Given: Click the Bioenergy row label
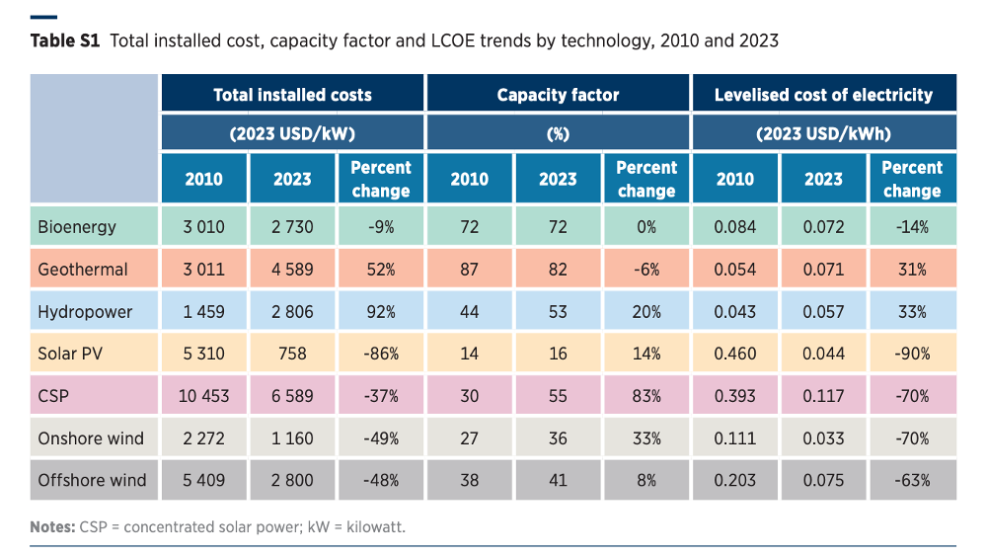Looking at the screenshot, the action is [x=77, y=227].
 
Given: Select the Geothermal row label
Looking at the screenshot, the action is [x=83, y=270].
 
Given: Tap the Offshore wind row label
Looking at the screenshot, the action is [x=92, y=480].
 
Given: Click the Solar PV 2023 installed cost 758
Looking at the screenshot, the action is [x=293, y=354].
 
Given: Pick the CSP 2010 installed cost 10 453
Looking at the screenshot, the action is [x=204, y=396].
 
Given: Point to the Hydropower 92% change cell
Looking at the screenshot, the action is [x=381, y=312].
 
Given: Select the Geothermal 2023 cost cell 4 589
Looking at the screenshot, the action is [x=293, y=270].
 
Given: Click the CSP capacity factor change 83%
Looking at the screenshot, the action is [x=646, y=396].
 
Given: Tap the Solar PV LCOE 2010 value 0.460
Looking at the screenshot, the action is [x=735, y=354].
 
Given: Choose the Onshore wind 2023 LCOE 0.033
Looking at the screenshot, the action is [x=823, y=438].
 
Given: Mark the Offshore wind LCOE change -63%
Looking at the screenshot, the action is [x=912, y=480].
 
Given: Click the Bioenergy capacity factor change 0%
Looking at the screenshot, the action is [x=646, y=227].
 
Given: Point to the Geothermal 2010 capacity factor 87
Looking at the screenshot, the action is [x=470, y=270].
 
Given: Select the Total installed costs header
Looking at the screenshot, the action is [x=293, y=95].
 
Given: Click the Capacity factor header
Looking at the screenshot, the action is [x=559, y=95].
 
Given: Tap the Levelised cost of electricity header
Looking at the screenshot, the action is [x=823, y=95].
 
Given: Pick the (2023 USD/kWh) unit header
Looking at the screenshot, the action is [x=823, y=133].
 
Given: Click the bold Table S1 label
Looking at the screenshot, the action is [x=65, y=40].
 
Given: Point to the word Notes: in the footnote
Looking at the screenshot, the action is [x=53, y=527].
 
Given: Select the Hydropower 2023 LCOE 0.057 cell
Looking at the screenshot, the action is [x=823, y=312].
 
